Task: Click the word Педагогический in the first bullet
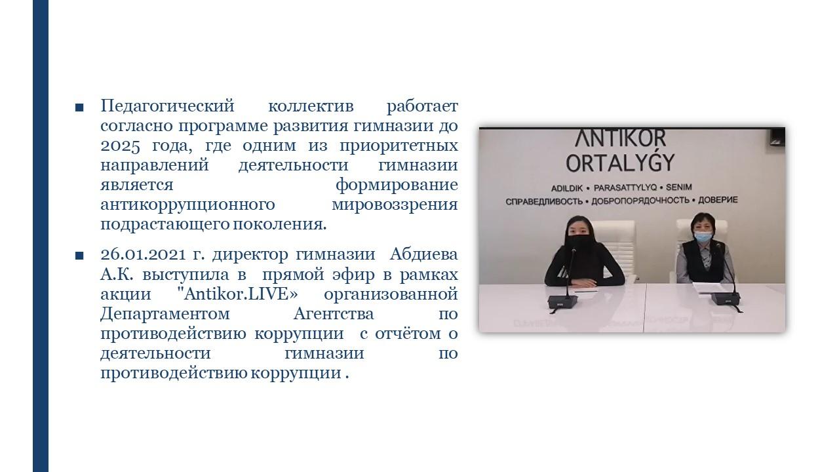click(167, 106)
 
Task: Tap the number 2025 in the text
click(120, 146)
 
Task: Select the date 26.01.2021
click(143, 255)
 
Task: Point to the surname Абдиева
click(423, 254)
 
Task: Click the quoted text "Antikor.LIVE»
click(237, 294)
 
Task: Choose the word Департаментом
click(165, 314)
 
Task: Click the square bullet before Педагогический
click(79, 108)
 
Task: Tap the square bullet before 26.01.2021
click(79, 256)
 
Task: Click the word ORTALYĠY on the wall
click(620, 162)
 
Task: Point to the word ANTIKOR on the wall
click(620, 137)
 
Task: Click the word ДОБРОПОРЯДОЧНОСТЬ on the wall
click(640, 201)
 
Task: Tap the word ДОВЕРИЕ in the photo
click(718, 200)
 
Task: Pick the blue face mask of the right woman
click(703, 236)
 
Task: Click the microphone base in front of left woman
click(562, 301)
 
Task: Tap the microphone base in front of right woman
click(726, 299)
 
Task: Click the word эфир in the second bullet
click(353, 275)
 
